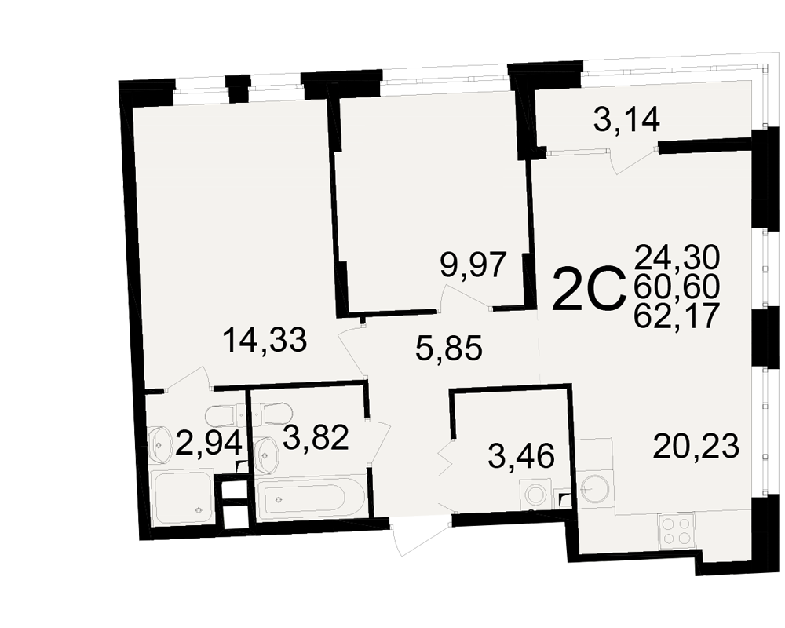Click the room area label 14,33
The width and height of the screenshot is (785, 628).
click(x=265, y=340)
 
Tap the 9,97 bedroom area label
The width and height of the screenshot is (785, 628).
click(x=473, y=265)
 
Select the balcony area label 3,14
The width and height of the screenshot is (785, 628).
click(x=626, y=119)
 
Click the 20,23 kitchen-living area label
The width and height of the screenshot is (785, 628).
click(x=696, y=446)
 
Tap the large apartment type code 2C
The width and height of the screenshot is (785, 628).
click(x=589, y=290)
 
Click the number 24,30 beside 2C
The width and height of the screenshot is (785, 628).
click(x=677, y=257)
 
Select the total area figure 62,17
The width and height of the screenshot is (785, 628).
click(x=677, y=316)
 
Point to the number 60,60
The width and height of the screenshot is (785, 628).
click(x=677, y=287)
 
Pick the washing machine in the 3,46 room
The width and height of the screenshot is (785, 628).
click(x=535, y=494)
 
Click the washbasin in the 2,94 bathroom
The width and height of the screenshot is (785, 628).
click(x=159, y=444)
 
